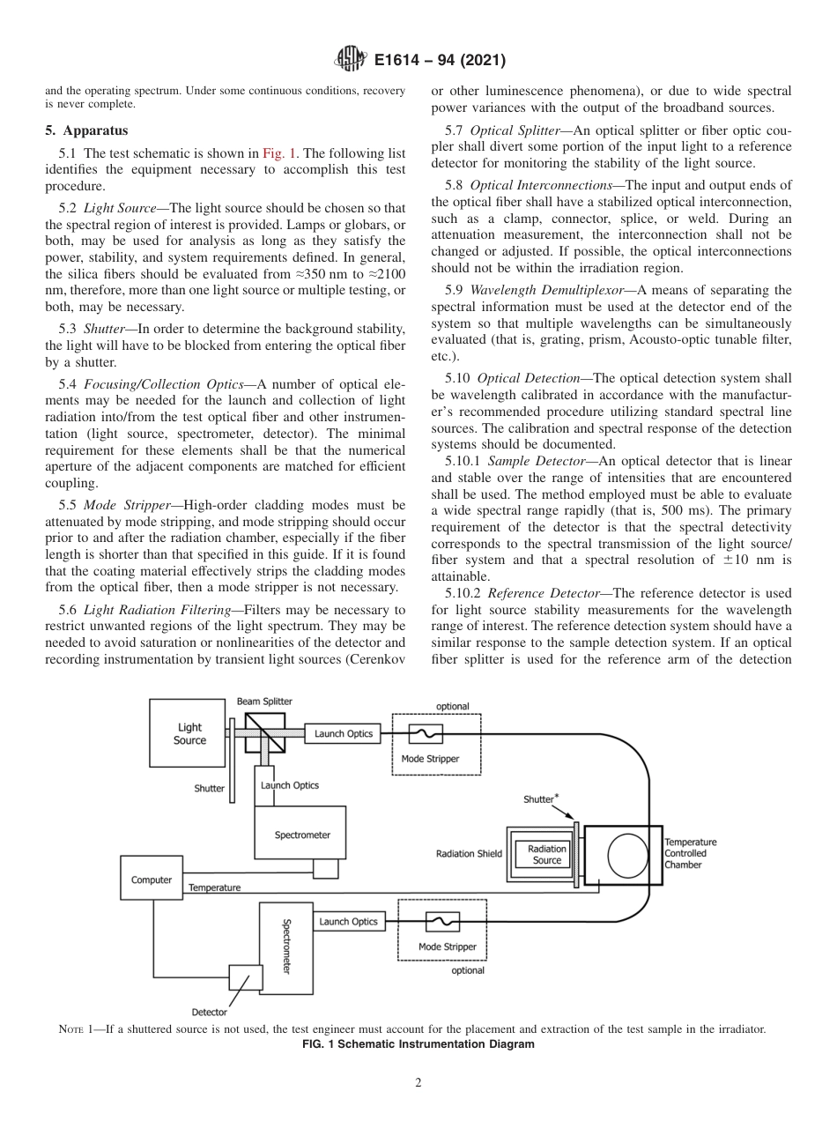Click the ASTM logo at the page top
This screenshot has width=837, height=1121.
tap(352, 61)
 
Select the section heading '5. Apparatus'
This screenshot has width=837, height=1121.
tap(86, 130)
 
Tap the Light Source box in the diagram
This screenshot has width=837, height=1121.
tap(189, 734)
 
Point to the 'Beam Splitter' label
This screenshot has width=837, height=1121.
tap(264, 702)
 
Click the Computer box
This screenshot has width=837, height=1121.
tap(152, 880)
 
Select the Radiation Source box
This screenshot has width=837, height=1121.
tap(547, 855)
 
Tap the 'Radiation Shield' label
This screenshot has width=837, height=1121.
tap(469, 853)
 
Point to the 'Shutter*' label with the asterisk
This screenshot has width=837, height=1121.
tap(541, 799)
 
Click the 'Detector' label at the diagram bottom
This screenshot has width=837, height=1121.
tap(210, 1012)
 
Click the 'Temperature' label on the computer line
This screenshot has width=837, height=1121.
tap(214, 887)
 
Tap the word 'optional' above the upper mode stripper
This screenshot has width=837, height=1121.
tap(453, 707)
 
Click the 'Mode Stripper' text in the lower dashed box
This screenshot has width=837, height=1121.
tap(448, 947)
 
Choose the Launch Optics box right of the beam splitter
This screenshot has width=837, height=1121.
tap(344, 733)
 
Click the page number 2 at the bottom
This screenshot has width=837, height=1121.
tap(418, 1083)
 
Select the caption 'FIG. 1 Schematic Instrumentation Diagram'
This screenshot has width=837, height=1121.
tap(418, 1044)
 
